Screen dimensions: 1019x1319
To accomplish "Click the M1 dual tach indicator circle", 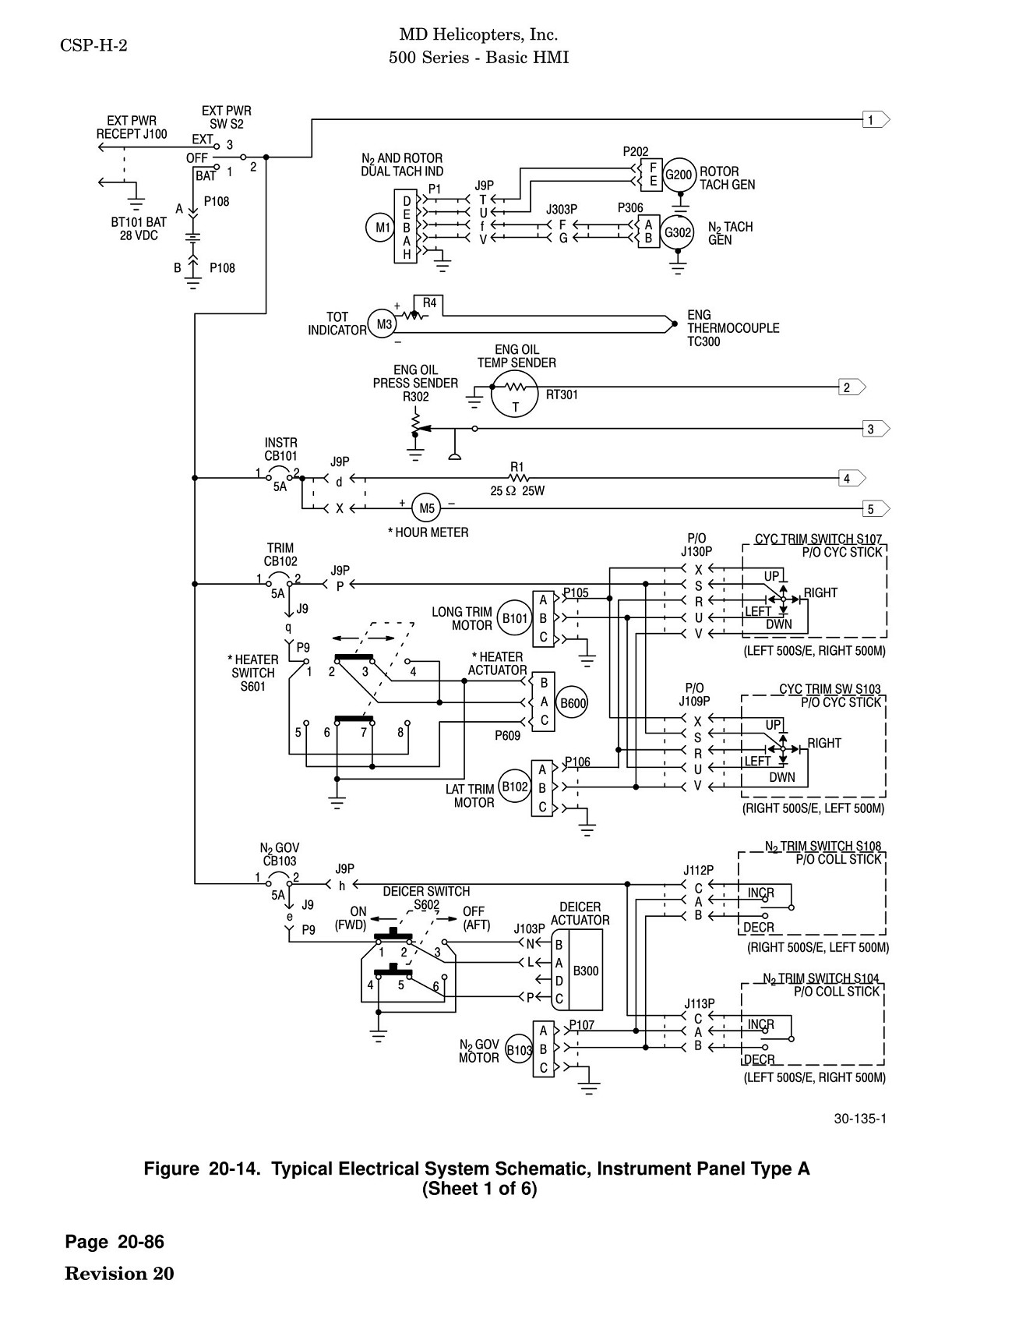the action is [x=383, y=228].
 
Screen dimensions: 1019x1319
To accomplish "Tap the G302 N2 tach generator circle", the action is [x=677, y=232].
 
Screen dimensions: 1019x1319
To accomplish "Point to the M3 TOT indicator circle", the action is [x=383, y=324].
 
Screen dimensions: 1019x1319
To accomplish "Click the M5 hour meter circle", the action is [x=426, y=509].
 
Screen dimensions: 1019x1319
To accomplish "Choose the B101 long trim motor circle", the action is [x=515, y=619].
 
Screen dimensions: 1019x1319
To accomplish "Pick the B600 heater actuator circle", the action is [x=573, y=703].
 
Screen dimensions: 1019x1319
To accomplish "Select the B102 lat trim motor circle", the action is [x=514, y=787].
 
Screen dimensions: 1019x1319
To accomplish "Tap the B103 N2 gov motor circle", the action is [x=519, y=1049].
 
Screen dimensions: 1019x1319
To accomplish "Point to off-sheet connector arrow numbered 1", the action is [x=876, y=120].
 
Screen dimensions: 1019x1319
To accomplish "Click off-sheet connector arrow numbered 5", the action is [x=876, y=510].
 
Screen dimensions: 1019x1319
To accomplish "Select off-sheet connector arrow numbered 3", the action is [x=876, y=429].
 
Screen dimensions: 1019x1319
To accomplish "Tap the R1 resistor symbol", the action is [x=518, y=477].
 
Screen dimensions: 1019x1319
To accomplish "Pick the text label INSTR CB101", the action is [x=280, y=449].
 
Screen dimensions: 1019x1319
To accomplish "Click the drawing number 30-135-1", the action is [x=860, y=1119].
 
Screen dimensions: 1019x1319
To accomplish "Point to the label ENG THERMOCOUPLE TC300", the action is [x=732, y=328].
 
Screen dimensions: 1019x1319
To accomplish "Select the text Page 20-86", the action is [x=115, y=1242].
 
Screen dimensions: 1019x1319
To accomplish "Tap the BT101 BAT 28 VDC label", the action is [x=139, y=229].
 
